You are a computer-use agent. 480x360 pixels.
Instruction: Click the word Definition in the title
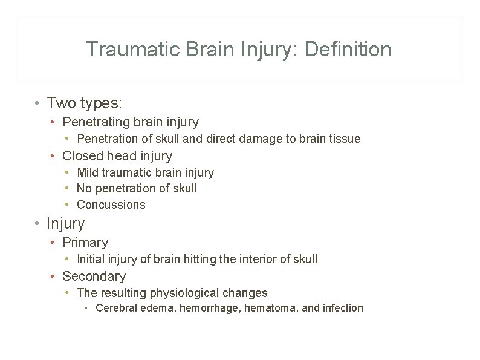(348, 49)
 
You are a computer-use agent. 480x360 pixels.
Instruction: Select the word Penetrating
(97, 122)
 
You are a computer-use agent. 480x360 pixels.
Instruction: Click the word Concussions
(111, 205)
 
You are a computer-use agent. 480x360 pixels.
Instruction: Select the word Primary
(85, 243)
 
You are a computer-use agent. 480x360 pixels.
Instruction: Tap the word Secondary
(94, 277)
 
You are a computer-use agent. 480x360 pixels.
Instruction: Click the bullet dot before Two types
(37, 103)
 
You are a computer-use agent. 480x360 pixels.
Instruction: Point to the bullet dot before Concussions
(68, 205)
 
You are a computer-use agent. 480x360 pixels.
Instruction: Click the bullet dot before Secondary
(53, 277)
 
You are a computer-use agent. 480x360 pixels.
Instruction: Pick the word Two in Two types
(59, 103)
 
